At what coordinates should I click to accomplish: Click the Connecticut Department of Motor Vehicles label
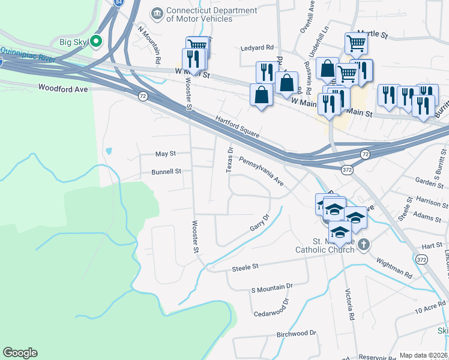[x=199, y=14]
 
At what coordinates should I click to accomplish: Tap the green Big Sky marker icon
[x=96, y=41]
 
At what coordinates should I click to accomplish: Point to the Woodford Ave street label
[x=63, y=88]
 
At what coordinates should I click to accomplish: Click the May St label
[x=165, y=154]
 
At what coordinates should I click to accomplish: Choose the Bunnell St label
[x=166, y=172]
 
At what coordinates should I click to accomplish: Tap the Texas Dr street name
[x=229, y=160]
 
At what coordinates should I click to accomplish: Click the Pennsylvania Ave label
[x=261, y=171]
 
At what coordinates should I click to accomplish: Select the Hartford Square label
[x=237, y=127]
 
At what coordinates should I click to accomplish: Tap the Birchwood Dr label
[x=296, y=334]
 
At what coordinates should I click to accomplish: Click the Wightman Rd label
[x=394, y=269]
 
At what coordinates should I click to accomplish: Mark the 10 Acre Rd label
[x=430, y=310]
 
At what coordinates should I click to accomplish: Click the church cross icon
[x=364, y=245]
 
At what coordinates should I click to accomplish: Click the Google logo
[x=20, y=353]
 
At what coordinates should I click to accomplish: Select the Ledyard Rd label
[x=257, y=47]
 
